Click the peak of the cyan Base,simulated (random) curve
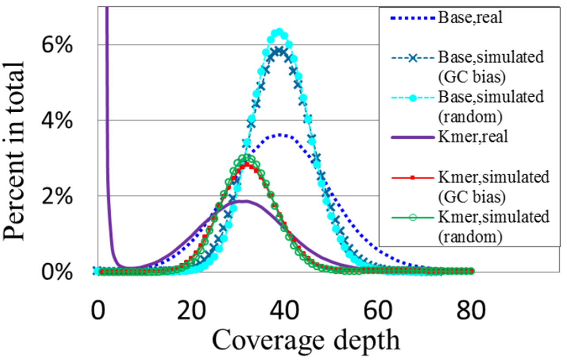(279, 33)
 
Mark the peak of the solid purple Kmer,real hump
(244, 201)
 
